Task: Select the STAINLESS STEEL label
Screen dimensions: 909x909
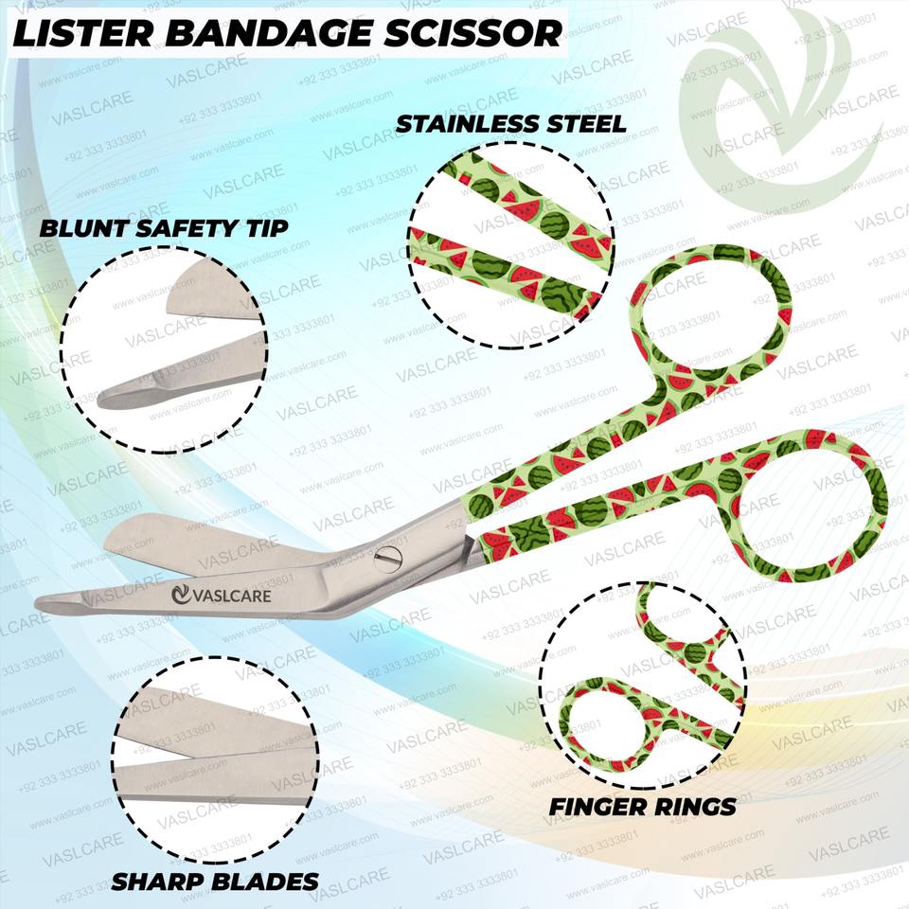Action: click(510, 124)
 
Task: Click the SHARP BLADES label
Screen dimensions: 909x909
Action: click(215, 882)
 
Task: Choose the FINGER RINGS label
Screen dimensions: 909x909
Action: click(643, 807)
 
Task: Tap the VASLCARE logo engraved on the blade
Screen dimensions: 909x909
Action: click(223, 596)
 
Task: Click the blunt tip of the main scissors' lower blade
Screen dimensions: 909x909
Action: click(47, 602)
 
